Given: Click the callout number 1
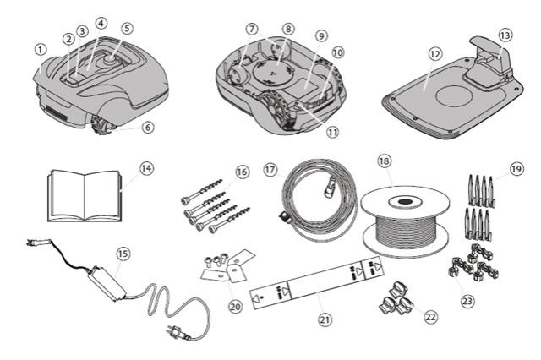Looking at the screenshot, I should click(40, 49).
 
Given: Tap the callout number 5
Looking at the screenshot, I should click(127, 27).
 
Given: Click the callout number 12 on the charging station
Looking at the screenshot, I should click(434, 52).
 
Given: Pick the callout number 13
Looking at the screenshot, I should click(505, 35).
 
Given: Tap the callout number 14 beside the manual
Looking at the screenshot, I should click(146, 168).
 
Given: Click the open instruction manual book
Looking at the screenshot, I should click(85, 193).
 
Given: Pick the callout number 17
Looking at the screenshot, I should click(270, 168).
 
